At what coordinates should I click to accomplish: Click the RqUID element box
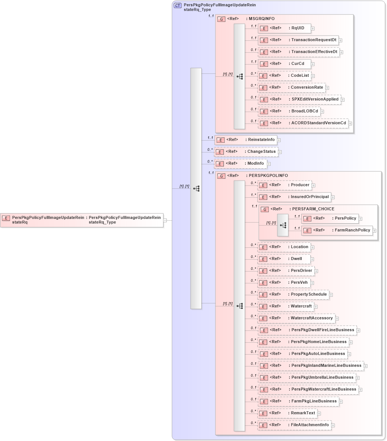coord(284,28)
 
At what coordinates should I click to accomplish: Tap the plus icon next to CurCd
coord(313,64)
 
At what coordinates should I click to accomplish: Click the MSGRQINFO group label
coord(261,19)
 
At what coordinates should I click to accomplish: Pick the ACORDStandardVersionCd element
coord(303,123)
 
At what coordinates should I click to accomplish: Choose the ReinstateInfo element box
coord(246,140)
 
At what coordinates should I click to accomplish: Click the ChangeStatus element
coord(246,152)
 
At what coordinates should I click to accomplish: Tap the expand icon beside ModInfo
coord(269,164)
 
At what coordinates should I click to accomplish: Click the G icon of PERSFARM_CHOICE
coord(265,209)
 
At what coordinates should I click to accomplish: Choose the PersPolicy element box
coord(330,218)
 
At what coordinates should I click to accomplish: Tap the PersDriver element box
coord(286,271)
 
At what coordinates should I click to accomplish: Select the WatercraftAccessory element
coord(296,318)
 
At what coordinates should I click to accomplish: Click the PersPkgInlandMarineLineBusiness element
coord(311,366)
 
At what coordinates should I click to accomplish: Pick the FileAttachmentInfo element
coord(294,425)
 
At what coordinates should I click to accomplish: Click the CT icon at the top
coord(178,6)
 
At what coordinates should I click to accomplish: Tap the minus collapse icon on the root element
coord(165,220)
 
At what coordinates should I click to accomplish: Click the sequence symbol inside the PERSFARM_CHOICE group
coord(283,225)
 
